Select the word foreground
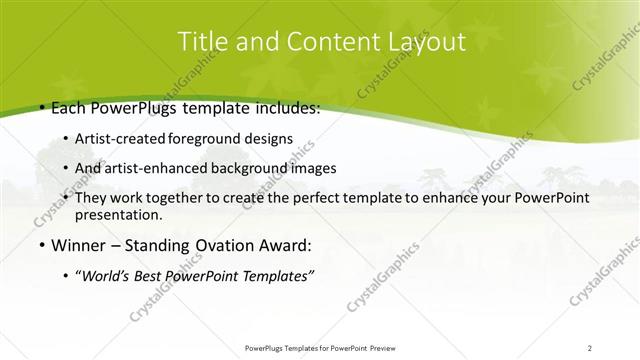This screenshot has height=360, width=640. [203, 140]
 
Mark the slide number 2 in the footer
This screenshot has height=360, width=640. [589, 348]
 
